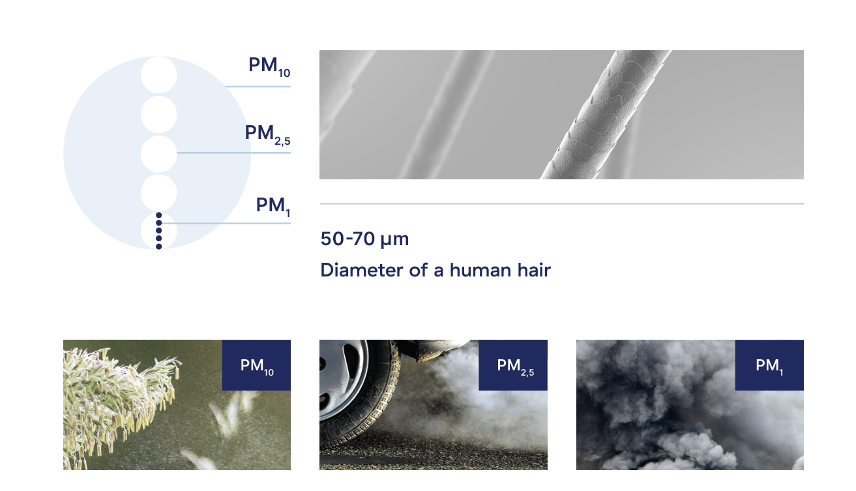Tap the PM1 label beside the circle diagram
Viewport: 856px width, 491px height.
(x=273, y=207)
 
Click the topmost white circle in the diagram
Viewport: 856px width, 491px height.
(x=158, y=75)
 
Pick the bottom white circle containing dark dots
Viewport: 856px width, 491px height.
(x=158, y=230)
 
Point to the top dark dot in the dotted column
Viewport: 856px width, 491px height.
(x=159, y=215)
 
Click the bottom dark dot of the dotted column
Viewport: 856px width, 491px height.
(x=159, y=246)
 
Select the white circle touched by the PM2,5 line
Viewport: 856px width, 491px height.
(x=158, y=154)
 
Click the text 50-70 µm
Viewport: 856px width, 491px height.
(x=364, y=239)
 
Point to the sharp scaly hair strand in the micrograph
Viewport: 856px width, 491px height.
(x=606, y=115)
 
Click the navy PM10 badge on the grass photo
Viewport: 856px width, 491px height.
(x=256, y=365)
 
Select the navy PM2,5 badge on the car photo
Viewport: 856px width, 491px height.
(x=513, y=365)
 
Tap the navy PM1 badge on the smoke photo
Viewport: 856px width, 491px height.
(x=769, y=365)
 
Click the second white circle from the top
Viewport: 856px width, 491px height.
(x=158, y=115)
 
